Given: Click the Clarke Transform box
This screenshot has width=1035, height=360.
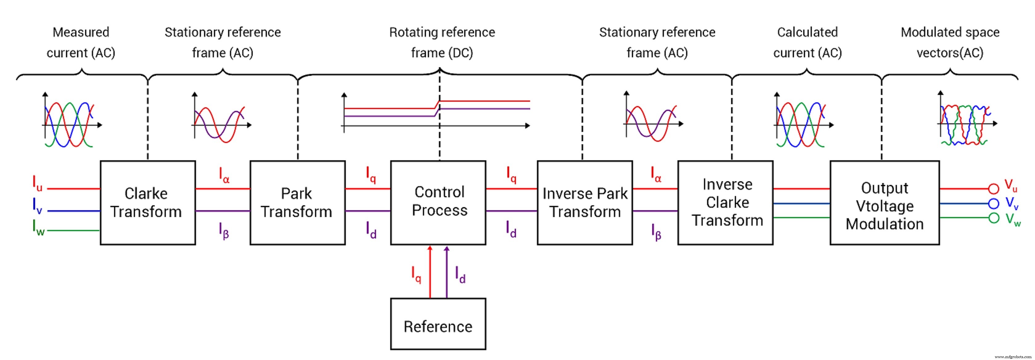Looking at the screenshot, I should (147, 202).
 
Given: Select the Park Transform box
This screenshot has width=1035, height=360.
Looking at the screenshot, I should (297, 202).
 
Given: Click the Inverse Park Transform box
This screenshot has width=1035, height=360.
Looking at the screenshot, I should (585, 202).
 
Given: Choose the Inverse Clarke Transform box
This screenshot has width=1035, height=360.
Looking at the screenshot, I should (725, 202).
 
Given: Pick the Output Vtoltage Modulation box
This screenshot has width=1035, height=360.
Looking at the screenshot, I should (884, 202).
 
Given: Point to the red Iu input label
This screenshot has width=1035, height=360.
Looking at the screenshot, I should (37, 183).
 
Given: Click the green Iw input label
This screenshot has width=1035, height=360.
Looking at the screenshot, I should (38, 227).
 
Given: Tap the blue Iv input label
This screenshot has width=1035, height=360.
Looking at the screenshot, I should (37, 206).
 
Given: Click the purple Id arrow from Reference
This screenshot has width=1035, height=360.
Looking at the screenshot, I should (446, 273).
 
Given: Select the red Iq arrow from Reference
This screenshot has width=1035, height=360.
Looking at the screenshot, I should (430, 273).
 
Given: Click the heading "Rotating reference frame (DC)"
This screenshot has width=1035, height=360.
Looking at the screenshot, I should (442, 42).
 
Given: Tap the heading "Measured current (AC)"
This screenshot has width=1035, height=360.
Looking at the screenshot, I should (81, 42).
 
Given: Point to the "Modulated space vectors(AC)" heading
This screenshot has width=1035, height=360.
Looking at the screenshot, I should (950, 42).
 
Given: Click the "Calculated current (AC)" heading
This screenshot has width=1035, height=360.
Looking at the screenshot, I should (807, 42).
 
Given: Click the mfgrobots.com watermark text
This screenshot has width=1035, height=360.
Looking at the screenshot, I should (1012, 356).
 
